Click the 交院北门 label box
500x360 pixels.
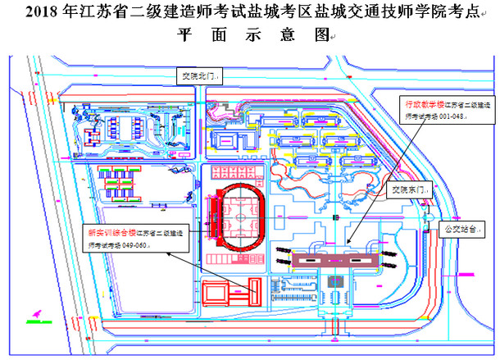pyautogui.click(x=198, y=75)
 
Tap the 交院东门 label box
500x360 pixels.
pyautogui.click(x=407, y=189)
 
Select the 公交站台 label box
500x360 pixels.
pyautogui.click(x=460, y=229)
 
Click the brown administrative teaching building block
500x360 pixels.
pyautogui.click(x=332, y=258)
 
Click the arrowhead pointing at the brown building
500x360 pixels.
pyautogui.click(x=348, y=244)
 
